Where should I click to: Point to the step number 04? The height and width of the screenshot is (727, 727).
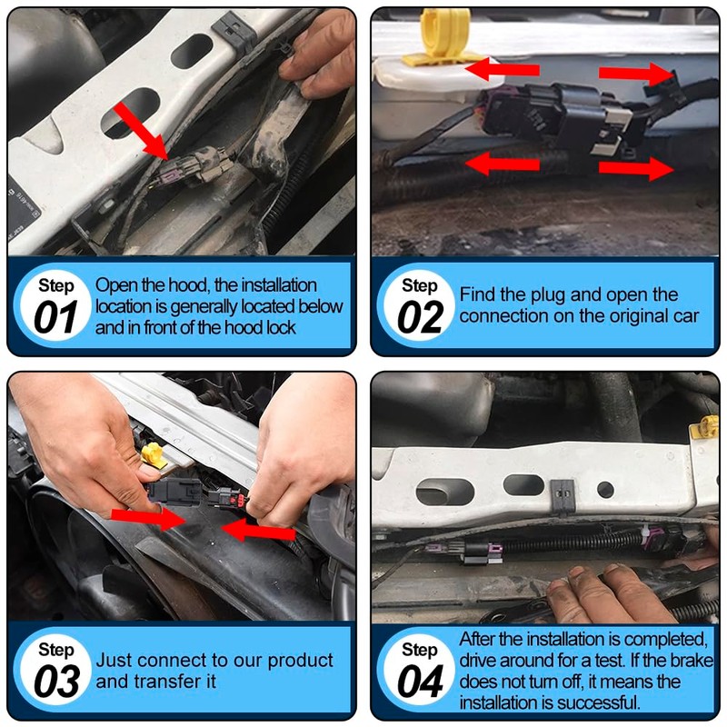click(420, 682)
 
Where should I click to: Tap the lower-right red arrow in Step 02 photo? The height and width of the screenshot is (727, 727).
click(635, 168)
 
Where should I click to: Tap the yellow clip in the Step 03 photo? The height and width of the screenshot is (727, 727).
click(155, 455)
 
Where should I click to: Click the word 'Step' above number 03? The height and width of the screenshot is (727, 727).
click(56, 650)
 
